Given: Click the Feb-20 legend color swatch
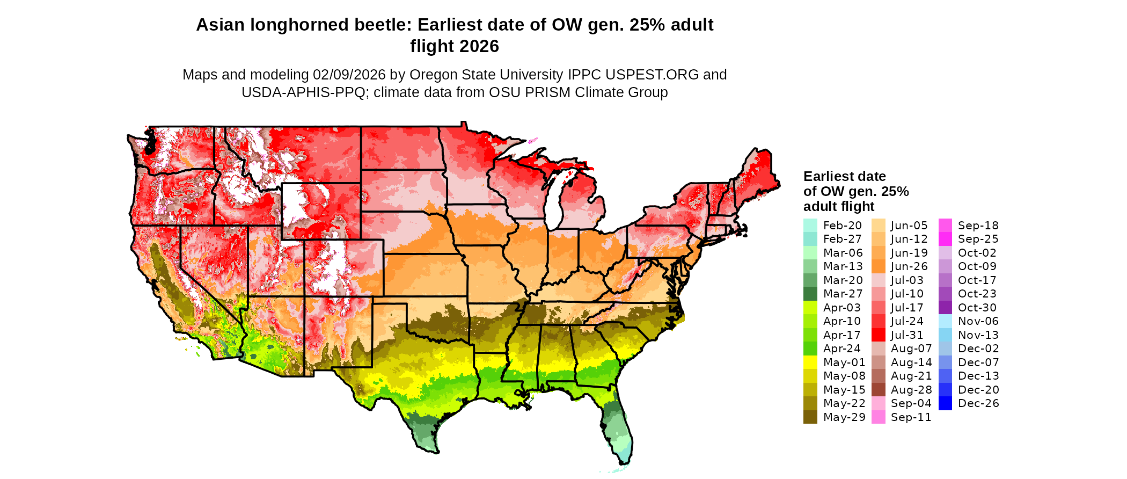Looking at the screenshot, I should tap(810, 226).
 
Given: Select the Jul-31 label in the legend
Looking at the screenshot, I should tap(907, 335).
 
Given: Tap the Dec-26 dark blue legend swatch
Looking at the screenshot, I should tap(945, 403).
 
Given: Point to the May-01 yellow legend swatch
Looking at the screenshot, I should tap(810, 362).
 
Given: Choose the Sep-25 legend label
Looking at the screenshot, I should tap(978, 239).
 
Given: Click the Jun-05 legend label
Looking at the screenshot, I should tap(909, 226).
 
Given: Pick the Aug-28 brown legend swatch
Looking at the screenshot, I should tap(878, 390).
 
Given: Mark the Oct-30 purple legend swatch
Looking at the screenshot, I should tap(945, 308).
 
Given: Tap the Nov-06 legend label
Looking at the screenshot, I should tap(978, 321).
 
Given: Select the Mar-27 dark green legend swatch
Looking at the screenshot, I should tap(810, 294).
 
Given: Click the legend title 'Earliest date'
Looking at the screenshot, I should tap(844, 177).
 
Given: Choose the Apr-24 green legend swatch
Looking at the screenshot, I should tap(810, 349).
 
